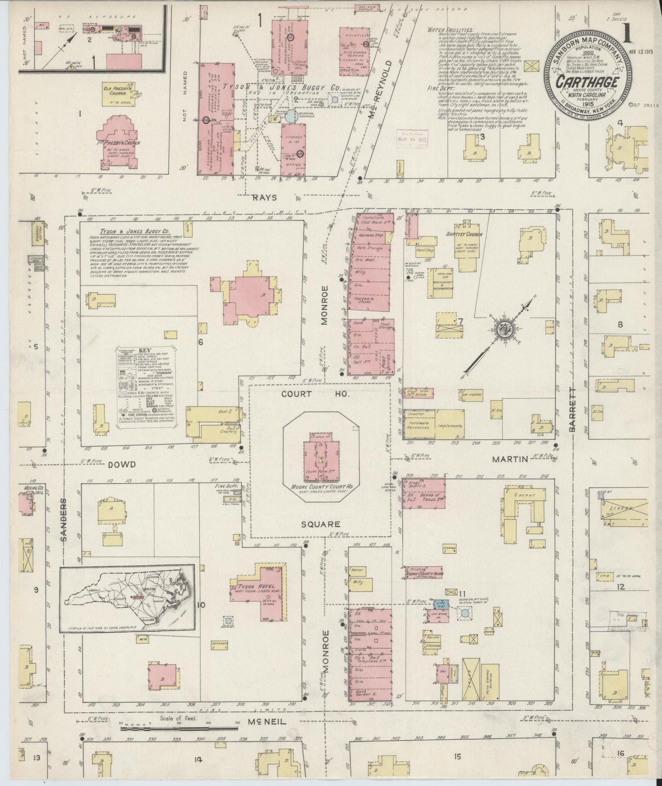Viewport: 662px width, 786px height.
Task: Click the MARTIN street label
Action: pyautogui.click(x=505, y=459)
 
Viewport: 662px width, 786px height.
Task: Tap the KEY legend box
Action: pyautogui.click(x=146, y=387)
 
